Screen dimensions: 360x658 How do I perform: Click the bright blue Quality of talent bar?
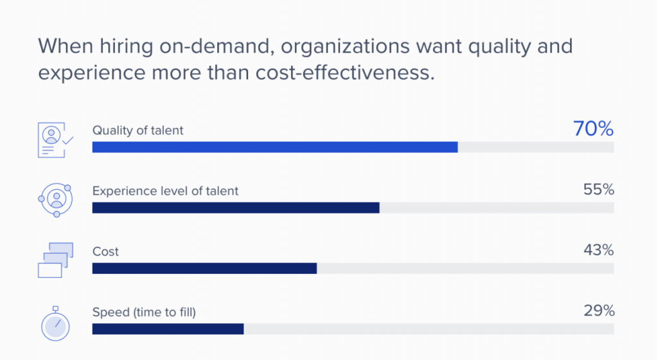[275, 147]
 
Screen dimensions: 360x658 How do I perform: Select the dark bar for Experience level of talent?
[236, 208]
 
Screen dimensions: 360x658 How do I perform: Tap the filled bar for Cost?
[204, 268]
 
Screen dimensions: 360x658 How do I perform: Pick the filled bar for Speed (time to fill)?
[168, 328]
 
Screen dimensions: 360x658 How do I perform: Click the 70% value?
[593, 129]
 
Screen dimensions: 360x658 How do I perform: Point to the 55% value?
[598, 190]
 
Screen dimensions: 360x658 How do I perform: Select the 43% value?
[598, 251]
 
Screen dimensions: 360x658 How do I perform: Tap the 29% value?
[598, 311]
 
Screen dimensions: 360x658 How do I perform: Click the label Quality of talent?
[138, 130]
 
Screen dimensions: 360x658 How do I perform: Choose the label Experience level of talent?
[165, 191]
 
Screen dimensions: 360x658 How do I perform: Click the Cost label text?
[105, 251]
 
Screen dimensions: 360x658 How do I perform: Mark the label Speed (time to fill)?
[144, 312]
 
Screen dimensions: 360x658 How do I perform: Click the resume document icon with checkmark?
[55, 139]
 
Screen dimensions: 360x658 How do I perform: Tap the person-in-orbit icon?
[55, 200]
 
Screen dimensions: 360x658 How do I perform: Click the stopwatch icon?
[55, 323]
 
